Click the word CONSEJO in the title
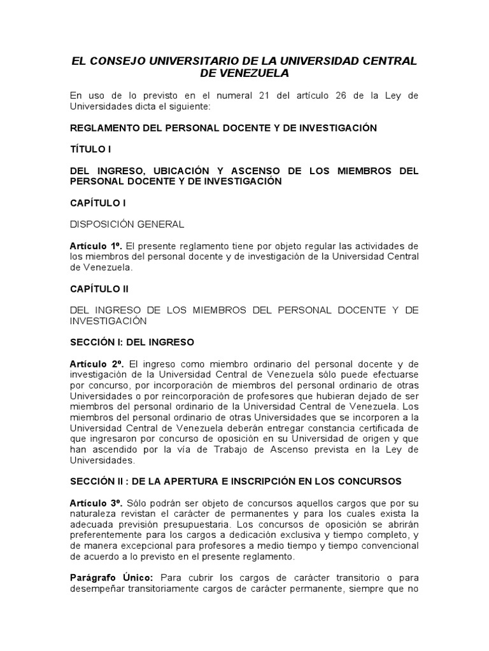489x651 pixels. [117, 61]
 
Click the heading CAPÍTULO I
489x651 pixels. [97, 203]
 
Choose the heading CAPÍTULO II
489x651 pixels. [99, 289]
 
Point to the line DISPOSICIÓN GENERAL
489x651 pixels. [127, 224]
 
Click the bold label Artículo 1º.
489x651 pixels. [96, 246]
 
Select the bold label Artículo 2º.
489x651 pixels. [97, 364]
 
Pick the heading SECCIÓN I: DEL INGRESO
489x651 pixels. [132, 342]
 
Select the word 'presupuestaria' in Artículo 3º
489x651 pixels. [220, 525]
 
